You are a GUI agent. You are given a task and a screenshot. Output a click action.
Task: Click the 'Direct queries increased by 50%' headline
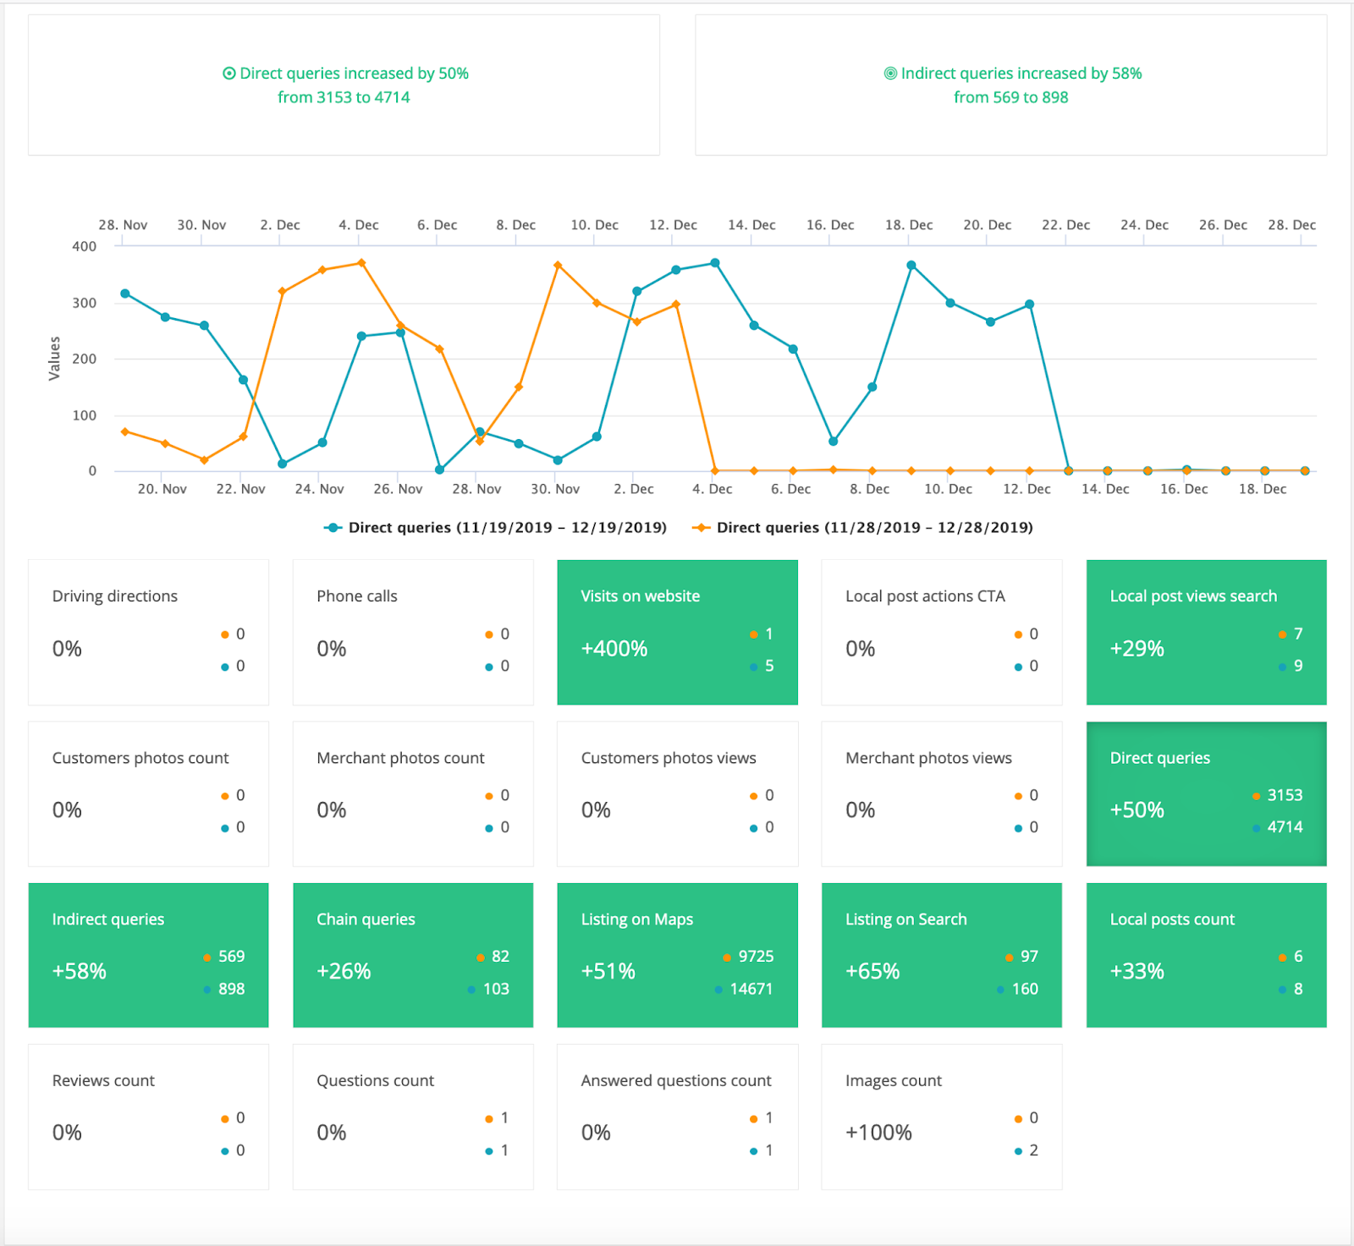tap(353, 74)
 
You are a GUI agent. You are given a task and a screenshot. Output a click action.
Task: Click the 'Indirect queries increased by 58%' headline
tap(1021, 74)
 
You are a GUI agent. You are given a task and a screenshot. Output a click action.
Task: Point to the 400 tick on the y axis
tap(85, 246)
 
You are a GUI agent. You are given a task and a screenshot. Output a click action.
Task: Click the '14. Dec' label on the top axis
tap(751, 225)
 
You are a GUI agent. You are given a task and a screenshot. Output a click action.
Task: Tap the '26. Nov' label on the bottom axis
tap(398, 489)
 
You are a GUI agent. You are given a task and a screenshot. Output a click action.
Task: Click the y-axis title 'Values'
tap(55, 359)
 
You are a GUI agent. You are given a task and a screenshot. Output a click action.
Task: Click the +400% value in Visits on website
tap(614, 649)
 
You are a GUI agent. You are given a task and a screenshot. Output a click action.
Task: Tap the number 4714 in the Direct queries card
tap(1285, 827)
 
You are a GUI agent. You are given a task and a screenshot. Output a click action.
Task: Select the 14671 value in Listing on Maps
tap(751, 989)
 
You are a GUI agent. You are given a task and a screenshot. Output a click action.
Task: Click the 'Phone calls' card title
tap(357, 596)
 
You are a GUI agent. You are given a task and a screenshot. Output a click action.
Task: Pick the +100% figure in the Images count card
tap(878, 1133)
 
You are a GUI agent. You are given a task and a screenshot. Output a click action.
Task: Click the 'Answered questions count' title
tap(676, 1081)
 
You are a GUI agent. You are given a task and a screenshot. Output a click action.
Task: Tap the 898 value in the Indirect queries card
tap(231, 989)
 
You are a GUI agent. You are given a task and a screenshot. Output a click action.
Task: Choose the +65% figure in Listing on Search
tap(872, 971)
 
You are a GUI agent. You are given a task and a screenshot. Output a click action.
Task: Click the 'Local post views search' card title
tap(1193, 596)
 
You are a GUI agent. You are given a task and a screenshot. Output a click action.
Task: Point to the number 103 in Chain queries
tap(496, 989)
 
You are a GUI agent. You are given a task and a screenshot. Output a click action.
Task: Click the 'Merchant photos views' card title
tap(928, 758)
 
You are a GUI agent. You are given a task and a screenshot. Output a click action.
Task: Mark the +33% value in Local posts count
tap(1137, 971)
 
